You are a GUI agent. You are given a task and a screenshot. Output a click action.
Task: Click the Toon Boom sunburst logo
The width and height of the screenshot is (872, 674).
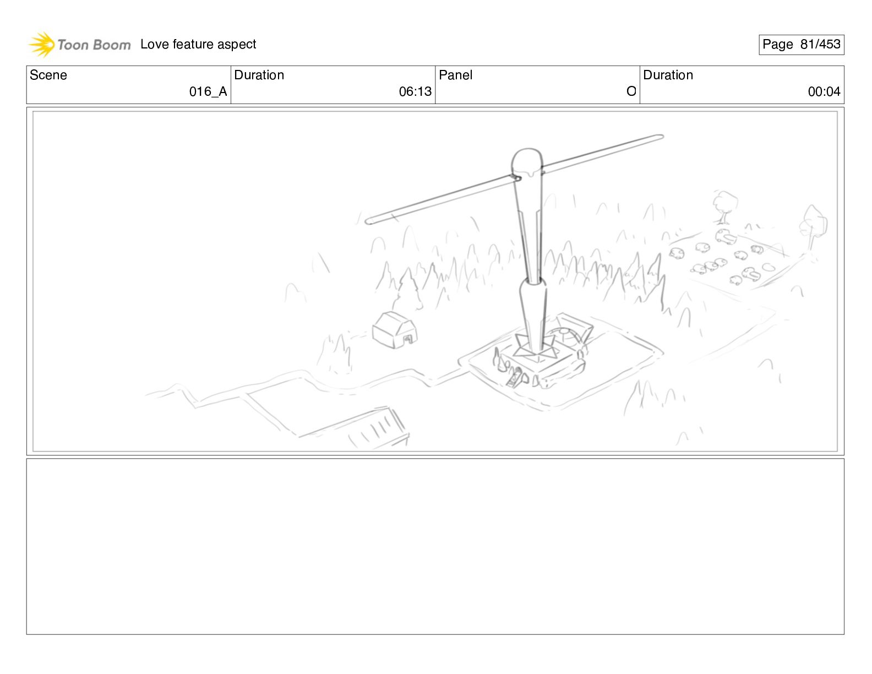[x=42, y=45]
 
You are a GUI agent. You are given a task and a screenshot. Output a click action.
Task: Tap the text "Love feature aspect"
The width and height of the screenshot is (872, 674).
[x=198, y=44]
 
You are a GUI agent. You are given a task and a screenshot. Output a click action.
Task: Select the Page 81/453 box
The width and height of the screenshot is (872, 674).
[x=801, y=45]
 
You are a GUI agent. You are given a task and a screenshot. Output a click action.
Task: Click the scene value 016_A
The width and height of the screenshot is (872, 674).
[x=208, y=91]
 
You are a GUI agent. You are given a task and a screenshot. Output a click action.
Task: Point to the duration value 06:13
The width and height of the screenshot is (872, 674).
[x=415, y=91]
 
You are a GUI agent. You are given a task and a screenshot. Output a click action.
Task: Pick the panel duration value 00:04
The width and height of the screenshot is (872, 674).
[x=824, y=91]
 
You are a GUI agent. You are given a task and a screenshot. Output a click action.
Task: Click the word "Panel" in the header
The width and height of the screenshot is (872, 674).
[x=455, y=75]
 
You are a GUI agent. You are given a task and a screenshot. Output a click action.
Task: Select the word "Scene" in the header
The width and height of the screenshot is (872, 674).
[x=48, y=75]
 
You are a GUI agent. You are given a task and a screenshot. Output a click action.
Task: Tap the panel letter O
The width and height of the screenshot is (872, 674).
[x=631, y=91]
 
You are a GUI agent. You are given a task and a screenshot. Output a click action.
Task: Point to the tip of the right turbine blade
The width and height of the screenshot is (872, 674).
[x=662, y=137]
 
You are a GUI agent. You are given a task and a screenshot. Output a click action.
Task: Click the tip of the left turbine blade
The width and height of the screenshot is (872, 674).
[x=367, y=221]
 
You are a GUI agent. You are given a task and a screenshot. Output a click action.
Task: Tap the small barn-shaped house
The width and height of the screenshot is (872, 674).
[x=395, y=330]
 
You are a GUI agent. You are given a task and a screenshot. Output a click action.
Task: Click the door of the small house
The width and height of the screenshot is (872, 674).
[x=408, y=340]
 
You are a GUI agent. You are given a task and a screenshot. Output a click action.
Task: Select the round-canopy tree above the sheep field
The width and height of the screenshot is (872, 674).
[x=725, y=206]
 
